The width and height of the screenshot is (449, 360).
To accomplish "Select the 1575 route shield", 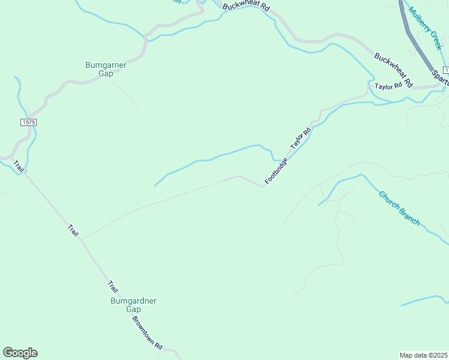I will [x=28, y=122].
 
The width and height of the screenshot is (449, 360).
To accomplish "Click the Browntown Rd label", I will [x=148, y=333].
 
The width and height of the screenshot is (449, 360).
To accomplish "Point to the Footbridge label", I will [x=277, y=171].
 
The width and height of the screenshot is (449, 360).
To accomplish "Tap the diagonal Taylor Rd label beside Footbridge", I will [x=301, y=139].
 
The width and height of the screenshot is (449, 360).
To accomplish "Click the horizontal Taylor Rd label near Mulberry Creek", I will [x=387, y=86].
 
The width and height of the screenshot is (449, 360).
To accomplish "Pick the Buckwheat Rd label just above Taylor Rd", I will [x=394, y=70].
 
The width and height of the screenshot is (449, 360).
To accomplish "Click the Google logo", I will [x=20, y=353].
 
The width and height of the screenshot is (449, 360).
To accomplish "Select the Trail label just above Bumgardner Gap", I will [x=113, y=287].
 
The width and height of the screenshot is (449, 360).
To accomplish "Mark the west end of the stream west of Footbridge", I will [x=155, y=185].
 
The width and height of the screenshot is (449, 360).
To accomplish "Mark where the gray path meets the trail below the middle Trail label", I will [x=80, y=239].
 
